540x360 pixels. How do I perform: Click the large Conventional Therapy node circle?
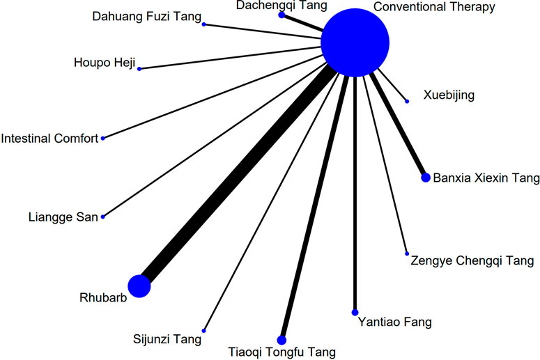[x=355, y=42]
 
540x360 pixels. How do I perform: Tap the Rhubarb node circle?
[x=139, y=285]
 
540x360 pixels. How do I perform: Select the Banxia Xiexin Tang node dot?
[x=426, y=178]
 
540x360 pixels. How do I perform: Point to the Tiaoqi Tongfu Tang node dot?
[x=281, y=340]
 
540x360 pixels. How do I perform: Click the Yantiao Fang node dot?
[x=355, y=312]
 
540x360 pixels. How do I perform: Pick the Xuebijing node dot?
[x=408, y=102]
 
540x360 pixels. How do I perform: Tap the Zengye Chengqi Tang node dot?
[x=407, y=253]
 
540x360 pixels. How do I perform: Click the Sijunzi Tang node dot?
[x=203, y=330]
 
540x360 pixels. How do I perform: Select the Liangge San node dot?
[x=103, y=217]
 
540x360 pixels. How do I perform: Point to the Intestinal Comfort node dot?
[x=103, y=138]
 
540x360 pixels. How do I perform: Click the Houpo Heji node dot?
[x=139, y=68]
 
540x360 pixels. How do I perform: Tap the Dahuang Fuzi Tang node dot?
[x=203, y=24]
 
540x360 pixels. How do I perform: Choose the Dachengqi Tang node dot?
[x=281, y=13]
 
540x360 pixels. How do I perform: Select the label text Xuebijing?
[x=449, y=95]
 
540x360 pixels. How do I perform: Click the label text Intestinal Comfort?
[x=50, y=139]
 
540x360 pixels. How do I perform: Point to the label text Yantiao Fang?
[x=394, y=322]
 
